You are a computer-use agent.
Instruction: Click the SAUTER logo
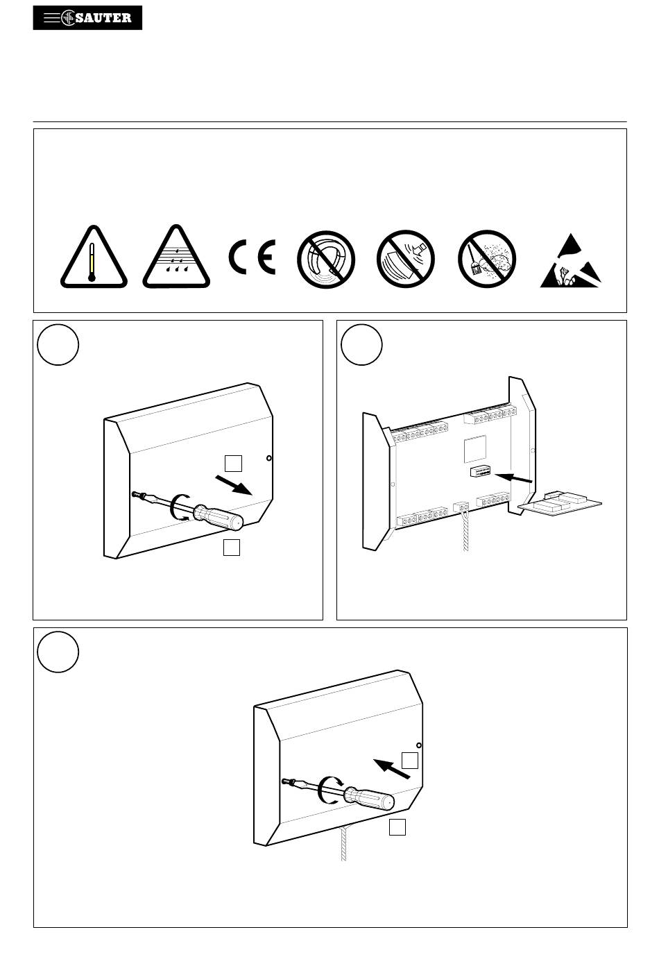coord(87,17)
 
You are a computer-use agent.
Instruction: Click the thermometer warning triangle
coord(94,257)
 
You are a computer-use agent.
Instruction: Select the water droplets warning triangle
coord(176,257)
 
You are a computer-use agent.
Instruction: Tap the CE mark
coord(253,257)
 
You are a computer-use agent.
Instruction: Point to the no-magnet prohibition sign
coord(326,260)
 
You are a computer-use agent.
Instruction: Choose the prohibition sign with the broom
coord(487,259)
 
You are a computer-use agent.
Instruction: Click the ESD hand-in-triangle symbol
coord(571,261)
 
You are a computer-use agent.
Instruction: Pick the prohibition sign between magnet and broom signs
coord(406,259)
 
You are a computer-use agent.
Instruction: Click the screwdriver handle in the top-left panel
coord(219,517)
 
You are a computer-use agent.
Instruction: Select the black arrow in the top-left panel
coord(234,485)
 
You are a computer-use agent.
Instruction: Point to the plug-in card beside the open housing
coord(560,505)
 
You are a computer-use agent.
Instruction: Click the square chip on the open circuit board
coord(475,449)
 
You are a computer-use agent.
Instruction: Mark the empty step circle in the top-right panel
coord(361,345)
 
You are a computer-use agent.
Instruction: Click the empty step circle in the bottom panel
coord(58,652)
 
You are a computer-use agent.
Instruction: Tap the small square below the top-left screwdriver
coord(232,548)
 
